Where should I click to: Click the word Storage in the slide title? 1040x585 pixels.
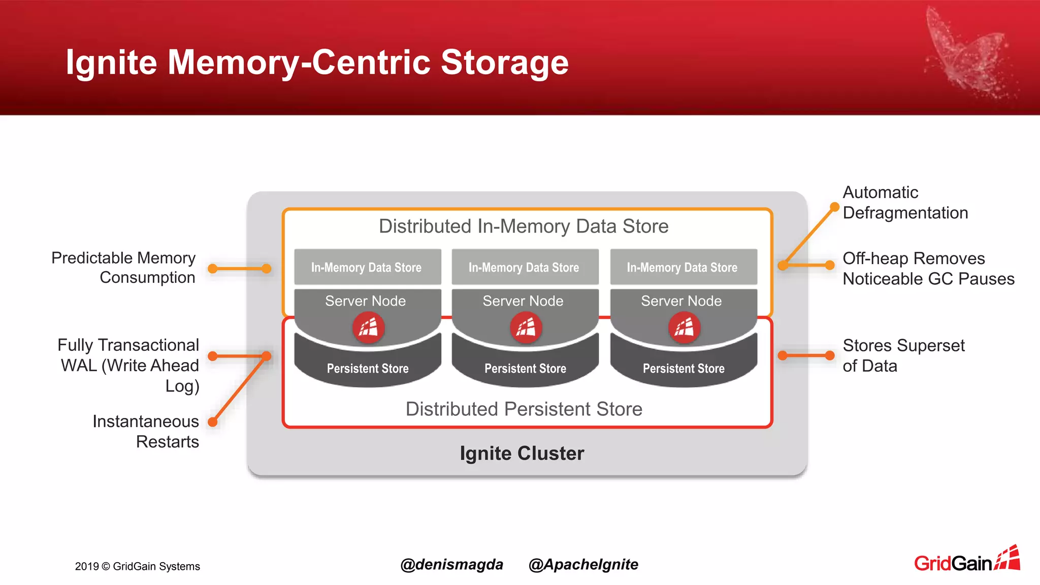point(504,62)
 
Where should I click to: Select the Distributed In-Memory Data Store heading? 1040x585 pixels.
point(524,226)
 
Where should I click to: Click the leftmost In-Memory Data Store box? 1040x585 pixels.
point(367,267)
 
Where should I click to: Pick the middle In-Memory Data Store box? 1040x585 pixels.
point(524,267)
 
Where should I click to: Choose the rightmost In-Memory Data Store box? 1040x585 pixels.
point(682,267)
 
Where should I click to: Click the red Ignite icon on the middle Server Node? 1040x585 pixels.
point(526,328)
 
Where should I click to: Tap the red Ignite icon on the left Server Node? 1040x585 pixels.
point(368,328)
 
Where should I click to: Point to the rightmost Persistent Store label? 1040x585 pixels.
point(684,368)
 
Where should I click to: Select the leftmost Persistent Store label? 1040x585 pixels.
point(368,368)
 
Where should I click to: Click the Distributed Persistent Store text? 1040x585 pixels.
point(524,409)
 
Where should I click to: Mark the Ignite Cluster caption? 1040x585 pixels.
point(522,453)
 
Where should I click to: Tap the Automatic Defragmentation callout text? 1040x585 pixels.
point(905,203)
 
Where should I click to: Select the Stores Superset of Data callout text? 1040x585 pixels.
point(903,355)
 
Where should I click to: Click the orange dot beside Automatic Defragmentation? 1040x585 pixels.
point(834,207)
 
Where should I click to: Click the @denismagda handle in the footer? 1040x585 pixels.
point(451,565)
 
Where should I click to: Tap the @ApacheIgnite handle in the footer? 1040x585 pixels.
point(583,565)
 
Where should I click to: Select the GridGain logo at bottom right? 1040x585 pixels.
point(966,560)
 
